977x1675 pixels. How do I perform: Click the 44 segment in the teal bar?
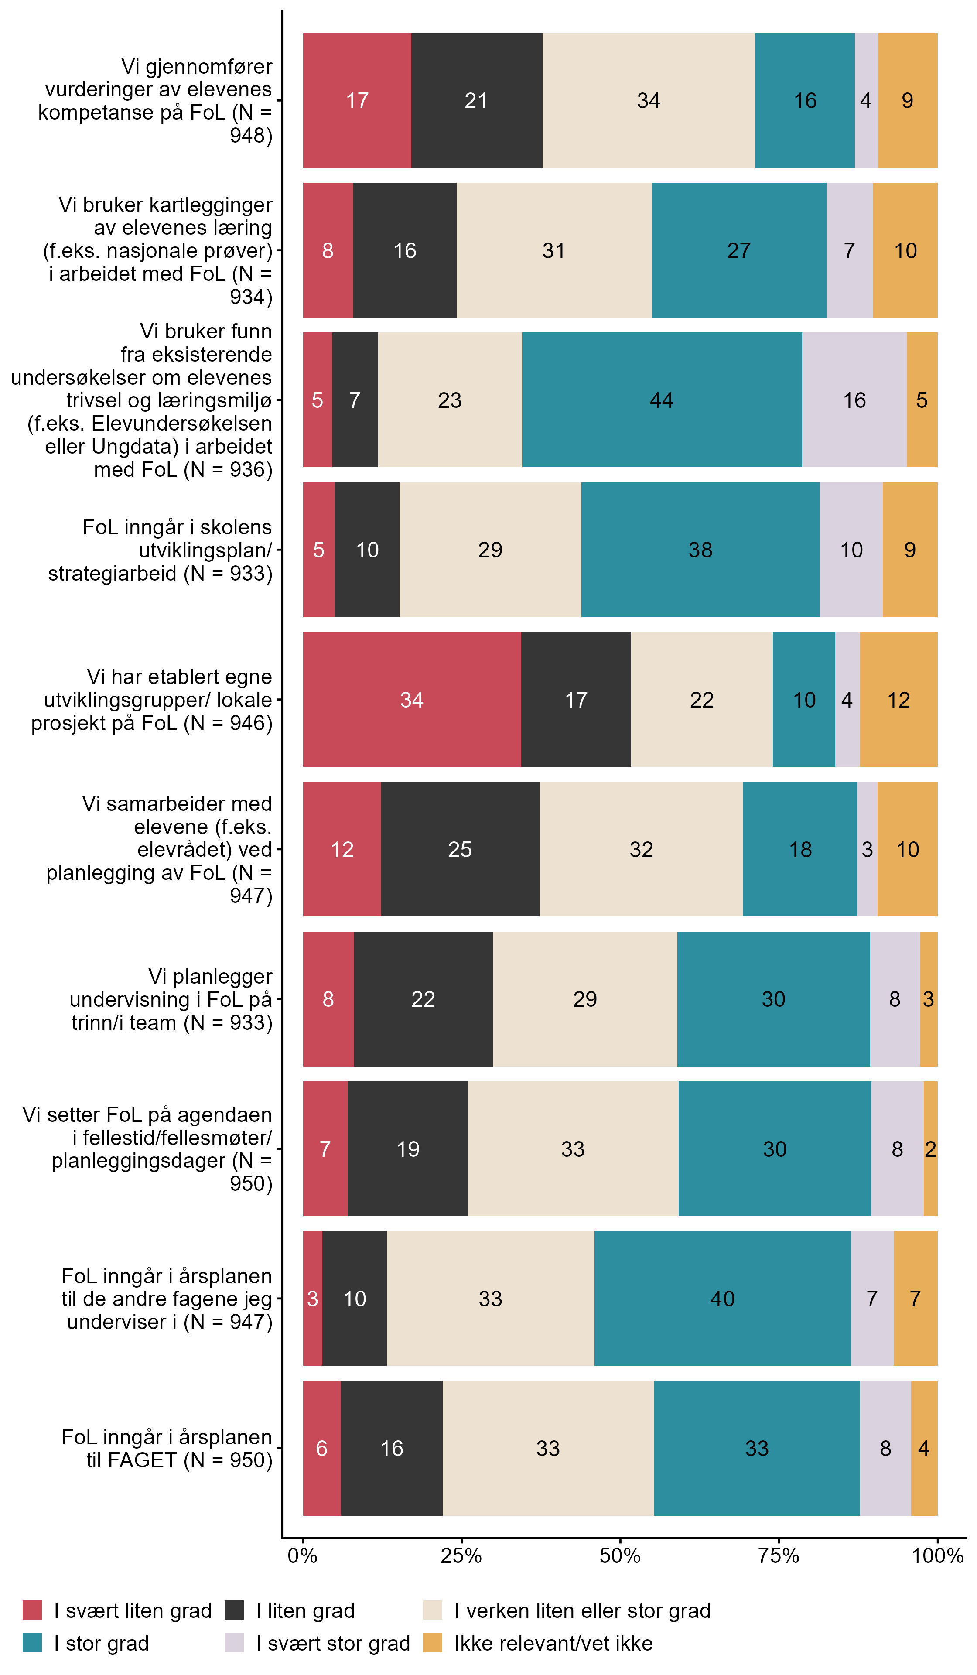click(661, 400)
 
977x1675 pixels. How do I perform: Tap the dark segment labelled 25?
click(460, 849)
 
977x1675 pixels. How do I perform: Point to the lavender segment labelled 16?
click(854, 400)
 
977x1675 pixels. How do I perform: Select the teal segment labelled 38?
click(700, 550)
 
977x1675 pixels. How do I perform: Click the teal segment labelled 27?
click(739, 250)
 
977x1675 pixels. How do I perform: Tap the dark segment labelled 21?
click(477, 100)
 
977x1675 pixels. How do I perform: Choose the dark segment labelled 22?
click(424, 998)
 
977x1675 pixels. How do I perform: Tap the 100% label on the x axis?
click(937, 1556)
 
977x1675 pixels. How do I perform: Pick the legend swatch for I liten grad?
click(234, 1610)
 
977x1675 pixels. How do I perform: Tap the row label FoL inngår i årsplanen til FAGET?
click(167, 1448)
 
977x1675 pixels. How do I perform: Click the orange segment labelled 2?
click(930, 1149)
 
